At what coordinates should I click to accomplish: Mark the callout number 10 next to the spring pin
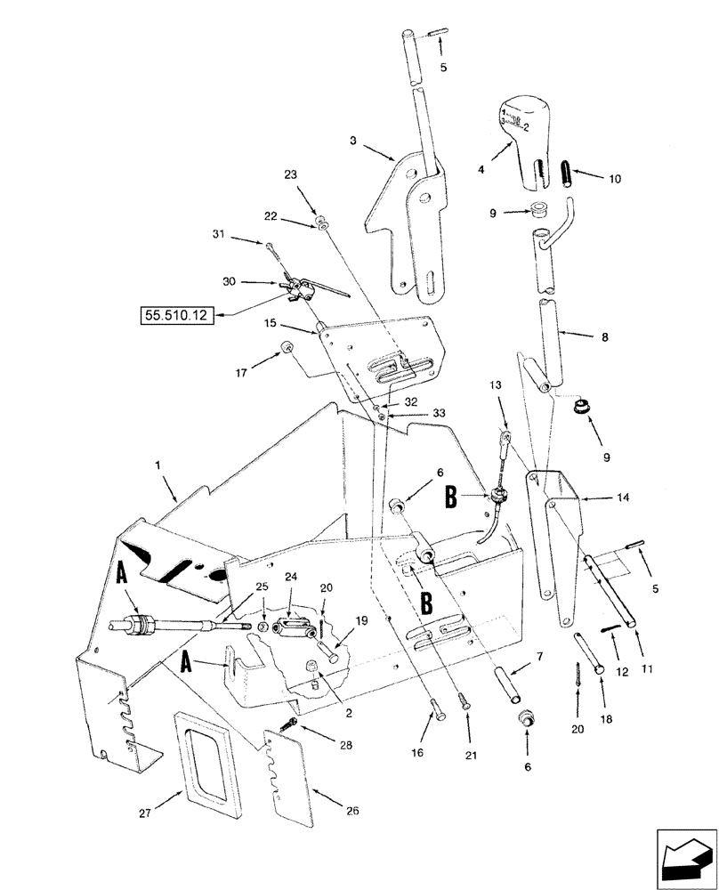point(615,179)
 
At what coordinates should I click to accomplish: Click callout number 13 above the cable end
point(496,384)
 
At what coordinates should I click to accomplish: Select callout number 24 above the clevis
point(291,578)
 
